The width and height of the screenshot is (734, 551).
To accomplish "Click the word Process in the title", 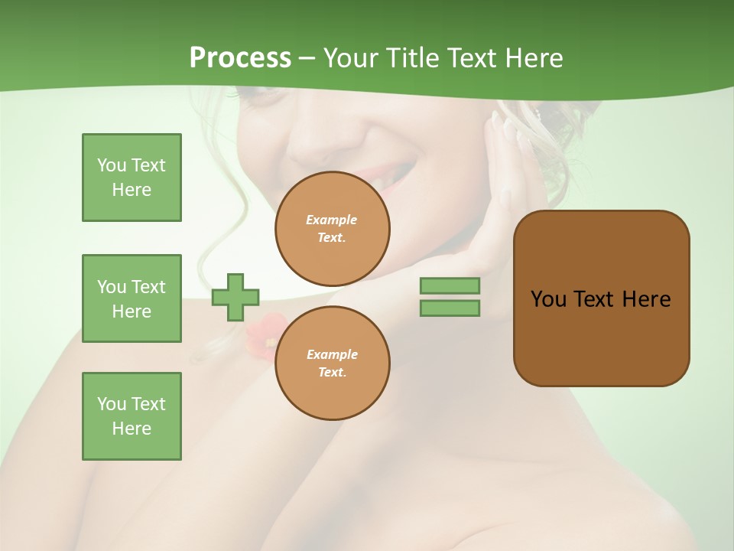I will [240, 58].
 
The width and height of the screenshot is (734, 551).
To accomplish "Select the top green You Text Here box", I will [132, 178].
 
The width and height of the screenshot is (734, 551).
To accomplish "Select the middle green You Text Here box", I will [132, 298].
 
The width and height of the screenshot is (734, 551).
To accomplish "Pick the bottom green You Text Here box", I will [132, 416].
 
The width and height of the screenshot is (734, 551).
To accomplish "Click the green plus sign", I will [235, 297].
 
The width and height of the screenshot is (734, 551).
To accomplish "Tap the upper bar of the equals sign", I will [450, 285].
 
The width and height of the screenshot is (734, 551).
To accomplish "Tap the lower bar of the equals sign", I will [450, 308].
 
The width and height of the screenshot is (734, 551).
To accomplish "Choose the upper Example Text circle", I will [332, 229].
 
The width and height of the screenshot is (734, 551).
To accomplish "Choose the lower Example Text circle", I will [332, 363].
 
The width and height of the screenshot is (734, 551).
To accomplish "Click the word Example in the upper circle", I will [332, 220].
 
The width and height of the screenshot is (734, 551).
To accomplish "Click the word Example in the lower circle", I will [332, 354].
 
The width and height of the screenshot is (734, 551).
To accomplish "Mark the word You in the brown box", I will [547, 299].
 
